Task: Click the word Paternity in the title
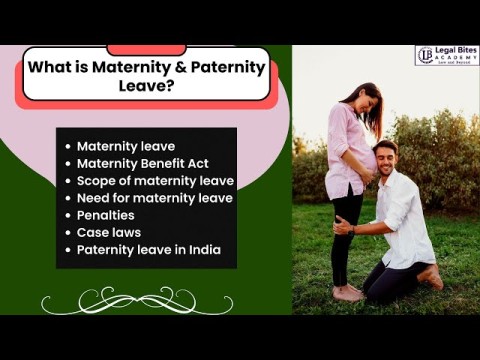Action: pyautogui.click(x=230, y=68)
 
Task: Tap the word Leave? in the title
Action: pyautogui.click(x=146, y=87)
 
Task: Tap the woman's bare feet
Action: pyautogui.click(x=347, y=292)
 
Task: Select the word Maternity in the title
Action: pyautogui.click(x=130, y=68)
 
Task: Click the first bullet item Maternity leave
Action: pyautogui.click(x=125, y=146)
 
